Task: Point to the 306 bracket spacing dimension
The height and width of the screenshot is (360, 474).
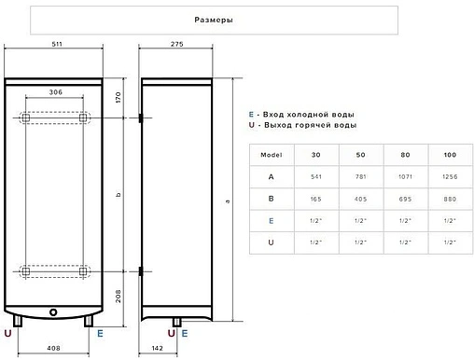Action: click(x=55, y=91)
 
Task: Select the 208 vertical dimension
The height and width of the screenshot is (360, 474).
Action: click(x=118, y=297)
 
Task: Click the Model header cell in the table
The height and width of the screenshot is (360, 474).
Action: click(x=270, y=154)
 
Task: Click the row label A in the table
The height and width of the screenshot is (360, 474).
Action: click(x=270, y=176)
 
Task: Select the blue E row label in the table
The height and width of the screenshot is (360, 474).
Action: click(x=270, y=221)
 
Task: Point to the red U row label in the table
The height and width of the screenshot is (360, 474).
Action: click(x=270, y=242)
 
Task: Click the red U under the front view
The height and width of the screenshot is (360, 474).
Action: click(x=8, y=333)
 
